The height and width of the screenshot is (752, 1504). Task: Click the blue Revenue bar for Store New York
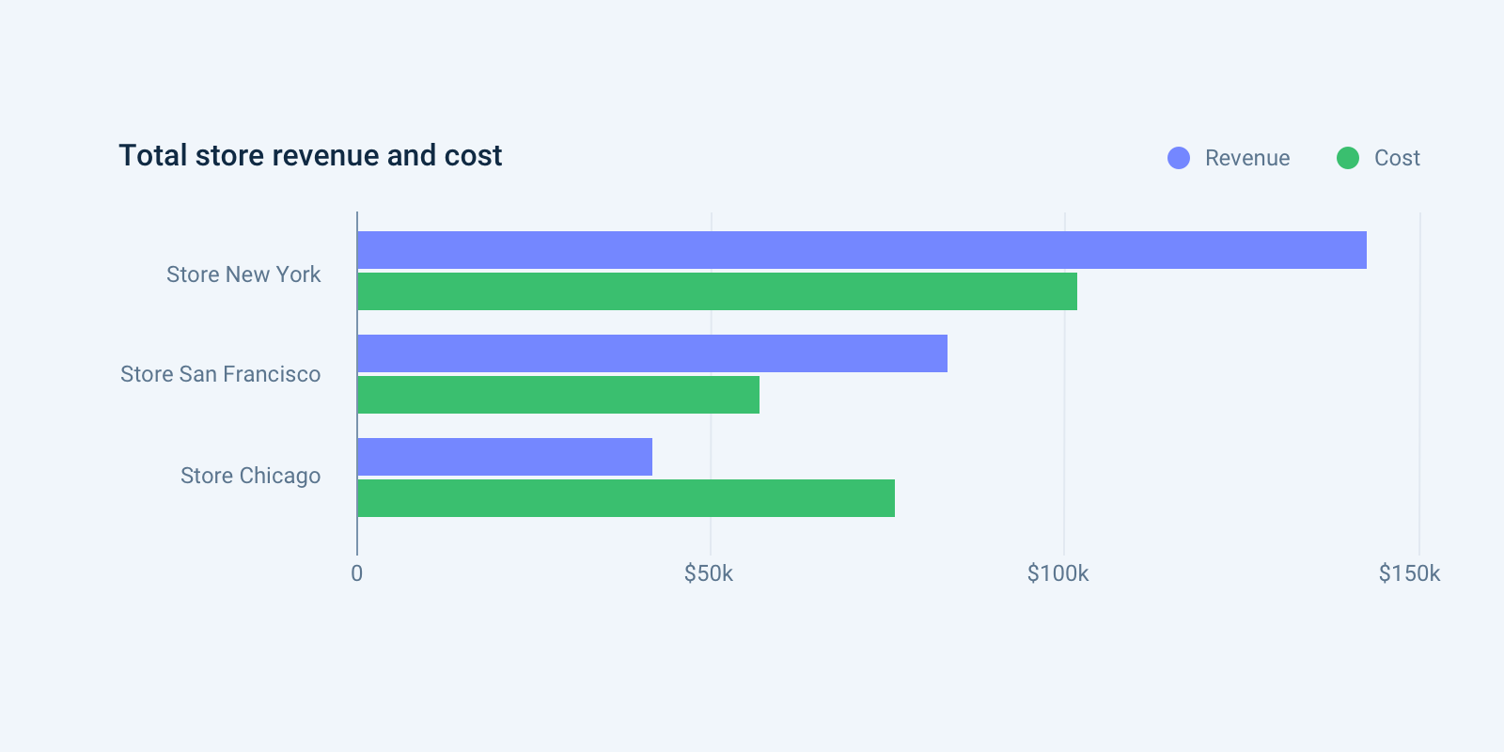pos(861,250)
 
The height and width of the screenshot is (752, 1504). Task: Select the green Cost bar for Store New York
pos(717,291)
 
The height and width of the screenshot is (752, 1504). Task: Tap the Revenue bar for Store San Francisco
pos(652,353)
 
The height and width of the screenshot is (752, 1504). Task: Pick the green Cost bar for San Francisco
pos(558,395)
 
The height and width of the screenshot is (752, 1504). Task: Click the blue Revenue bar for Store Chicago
pos(505,457)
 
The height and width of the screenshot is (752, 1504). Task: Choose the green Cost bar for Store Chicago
pos(626,498)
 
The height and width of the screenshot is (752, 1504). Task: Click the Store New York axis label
pos(243,274)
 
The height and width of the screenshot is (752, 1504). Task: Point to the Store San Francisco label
pos(221,374)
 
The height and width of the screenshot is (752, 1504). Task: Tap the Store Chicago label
pos(250,476)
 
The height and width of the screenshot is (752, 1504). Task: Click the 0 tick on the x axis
pos(357,573)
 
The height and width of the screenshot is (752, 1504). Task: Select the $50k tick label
pos(709,573)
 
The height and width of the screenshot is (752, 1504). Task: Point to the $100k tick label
pos(1057,573)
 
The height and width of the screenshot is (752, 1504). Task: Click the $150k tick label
pos(1409,573)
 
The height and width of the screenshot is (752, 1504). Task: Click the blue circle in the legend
pos(1179,158)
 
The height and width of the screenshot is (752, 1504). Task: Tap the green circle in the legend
pos(1348,158)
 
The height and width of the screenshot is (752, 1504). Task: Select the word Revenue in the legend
pos(1247,158)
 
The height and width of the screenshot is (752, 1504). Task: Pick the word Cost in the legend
pos(1397,158)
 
